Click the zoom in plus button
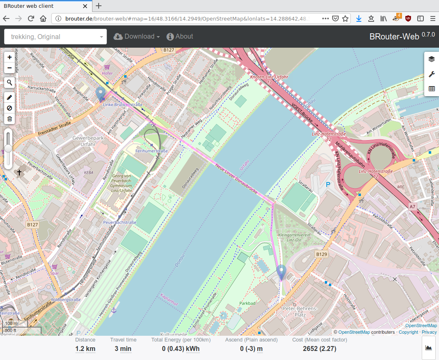coord(9,57)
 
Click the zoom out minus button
coord(9,67)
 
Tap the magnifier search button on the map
coord(9,83)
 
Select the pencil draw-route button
coord(9,98)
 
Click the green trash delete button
coord(9,119)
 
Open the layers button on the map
coord(431,59)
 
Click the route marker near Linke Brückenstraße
coord(100,94)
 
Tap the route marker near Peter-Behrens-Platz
coord(281,272)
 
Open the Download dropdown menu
coord(136,37)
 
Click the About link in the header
coord(180,37)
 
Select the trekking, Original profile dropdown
coord(55,37)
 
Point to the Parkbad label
coord(247,304)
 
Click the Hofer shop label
coord(107,73)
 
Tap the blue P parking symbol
coord(328,185)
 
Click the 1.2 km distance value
coord(85,349)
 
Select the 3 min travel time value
coord(123,349)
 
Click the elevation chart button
coord(428,348)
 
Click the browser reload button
coord(31,18)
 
